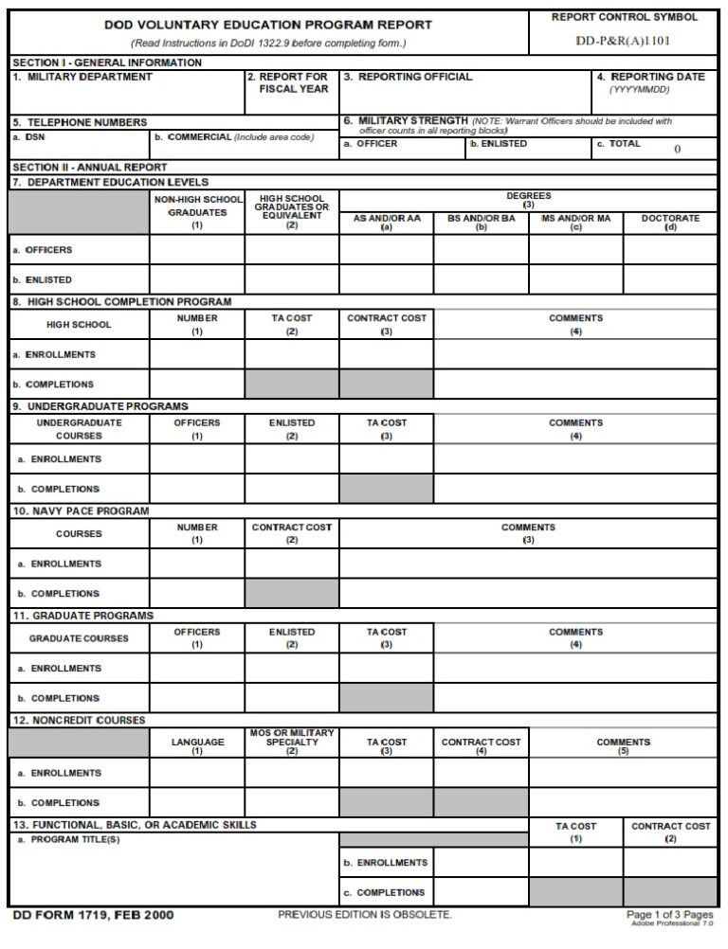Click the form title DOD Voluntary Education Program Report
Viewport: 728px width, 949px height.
(268, 26)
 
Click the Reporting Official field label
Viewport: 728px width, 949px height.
(408, 77)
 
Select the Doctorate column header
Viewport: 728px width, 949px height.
(670, 222)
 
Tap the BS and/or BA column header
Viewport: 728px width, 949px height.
(481, 222)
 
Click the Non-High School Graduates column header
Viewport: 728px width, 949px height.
(197, 212)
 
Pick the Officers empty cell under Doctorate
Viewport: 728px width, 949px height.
(670, 250)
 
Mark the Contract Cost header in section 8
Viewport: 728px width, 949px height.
(386, 324)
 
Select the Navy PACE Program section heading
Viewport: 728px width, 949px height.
(81, 510)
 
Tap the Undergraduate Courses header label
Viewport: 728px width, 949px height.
(79, 429)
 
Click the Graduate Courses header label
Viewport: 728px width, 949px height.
(79, 638)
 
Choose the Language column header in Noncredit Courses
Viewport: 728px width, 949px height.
(197, 746)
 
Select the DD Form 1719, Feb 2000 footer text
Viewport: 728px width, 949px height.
(93, 915)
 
